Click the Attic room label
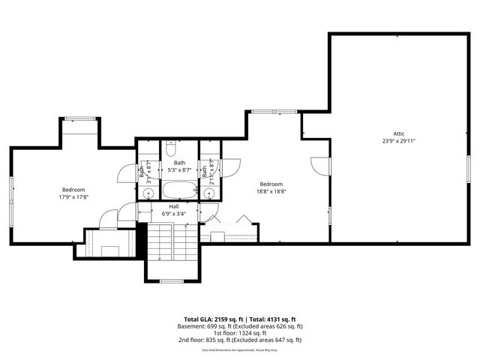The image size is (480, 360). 398,133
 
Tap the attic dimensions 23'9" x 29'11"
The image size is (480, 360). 398,140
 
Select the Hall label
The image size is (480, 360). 173,206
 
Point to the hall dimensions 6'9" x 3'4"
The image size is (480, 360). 173,214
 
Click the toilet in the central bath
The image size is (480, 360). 180,148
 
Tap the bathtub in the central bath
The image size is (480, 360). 179,190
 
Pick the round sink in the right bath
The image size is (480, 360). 210,193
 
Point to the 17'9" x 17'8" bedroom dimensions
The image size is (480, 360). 73,197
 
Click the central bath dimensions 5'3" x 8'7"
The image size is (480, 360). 179,170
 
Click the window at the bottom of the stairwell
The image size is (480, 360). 172,281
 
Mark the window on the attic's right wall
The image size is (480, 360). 468,169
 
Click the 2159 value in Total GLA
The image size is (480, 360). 224,319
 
